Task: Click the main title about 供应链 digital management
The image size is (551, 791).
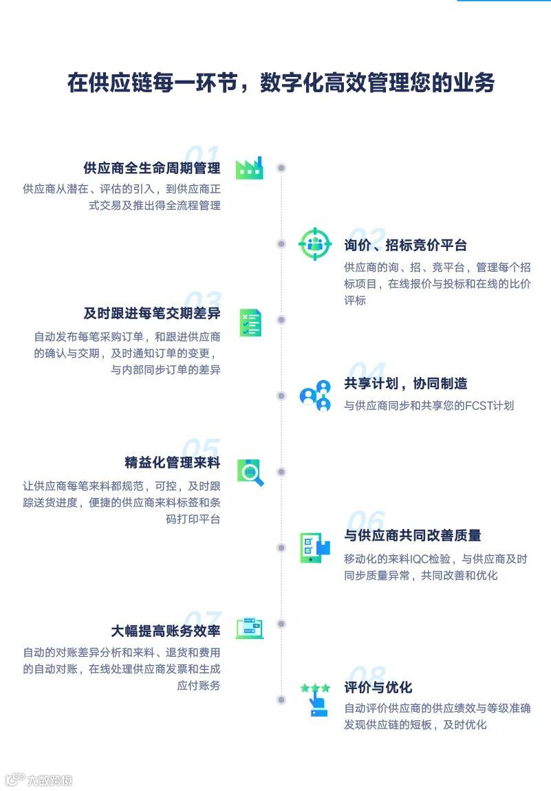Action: [x=281, y=83]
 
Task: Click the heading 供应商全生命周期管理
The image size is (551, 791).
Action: [x=151, y=169]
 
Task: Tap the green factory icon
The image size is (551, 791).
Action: [x=249, y=167]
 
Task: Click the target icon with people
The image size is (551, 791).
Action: [x=315, y=243]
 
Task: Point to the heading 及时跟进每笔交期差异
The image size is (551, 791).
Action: [x=151, y=314]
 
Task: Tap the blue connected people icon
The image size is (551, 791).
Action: [x=315, y=395]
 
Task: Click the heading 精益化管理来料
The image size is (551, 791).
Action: [x=172, y=462]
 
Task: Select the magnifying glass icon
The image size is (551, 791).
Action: [x=250, y=473]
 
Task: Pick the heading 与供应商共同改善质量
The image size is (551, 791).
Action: [x=412, y=535]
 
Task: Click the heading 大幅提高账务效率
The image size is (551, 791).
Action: [x=165, y=631]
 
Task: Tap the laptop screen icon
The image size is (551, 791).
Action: [x=250, y=627]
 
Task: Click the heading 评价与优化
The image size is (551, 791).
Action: [x=378, y=687]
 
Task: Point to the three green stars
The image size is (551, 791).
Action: [x=315, y=687]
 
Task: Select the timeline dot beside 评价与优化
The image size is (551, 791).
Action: [x=281, y=700]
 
